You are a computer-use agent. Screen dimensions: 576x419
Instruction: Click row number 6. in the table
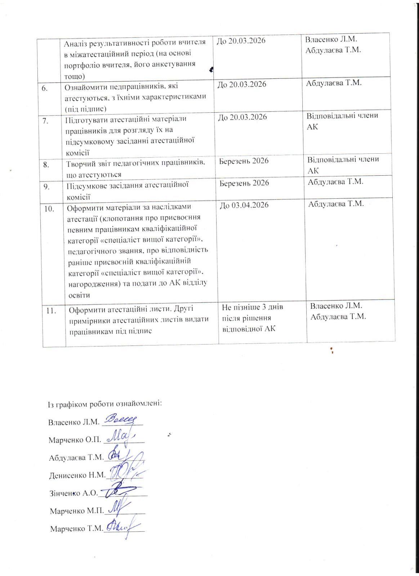coord(45,88)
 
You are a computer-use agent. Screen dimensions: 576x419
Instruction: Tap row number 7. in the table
coord(46,121)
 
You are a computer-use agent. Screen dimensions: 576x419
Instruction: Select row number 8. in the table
coord(46,165)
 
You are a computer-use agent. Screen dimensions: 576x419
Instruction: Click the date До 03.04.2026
coord(244,205)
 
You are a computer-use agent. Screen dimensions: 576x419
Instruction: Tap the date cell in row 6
coord(242,84)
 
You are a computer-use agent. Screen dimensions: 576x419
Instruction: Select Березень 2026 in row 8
coord(244,161)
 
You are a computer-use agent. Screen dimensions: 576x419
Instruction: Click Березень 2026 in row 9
coord(244,183)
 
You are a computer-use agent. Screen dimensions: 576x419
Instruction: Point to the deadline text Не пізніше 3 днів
coord(253,307)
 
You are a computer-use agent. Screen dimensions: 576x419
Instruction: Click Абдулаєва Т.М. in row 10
coord(336,204)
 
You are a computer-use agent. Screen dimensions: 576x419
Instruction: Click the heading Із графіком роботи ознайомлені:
coord(105,404)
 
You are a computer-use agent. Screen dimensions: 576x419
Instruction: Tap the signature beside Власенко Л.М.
coord(121,419)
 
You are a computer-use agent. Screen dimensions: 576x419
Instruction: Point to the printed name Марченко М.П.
coord(77,510)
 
